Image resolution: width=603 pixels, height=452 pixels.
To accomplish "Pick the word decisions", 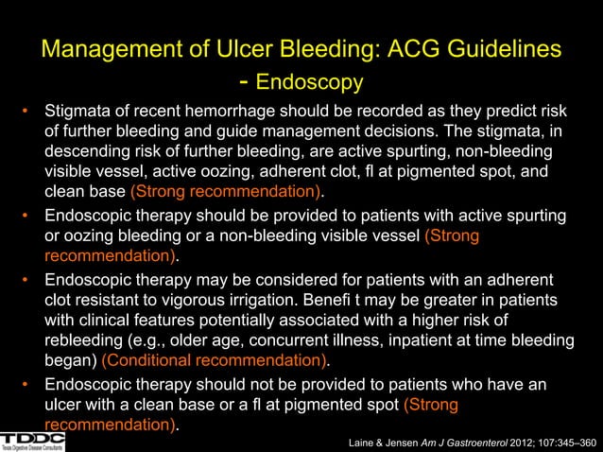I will (379, 133).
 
